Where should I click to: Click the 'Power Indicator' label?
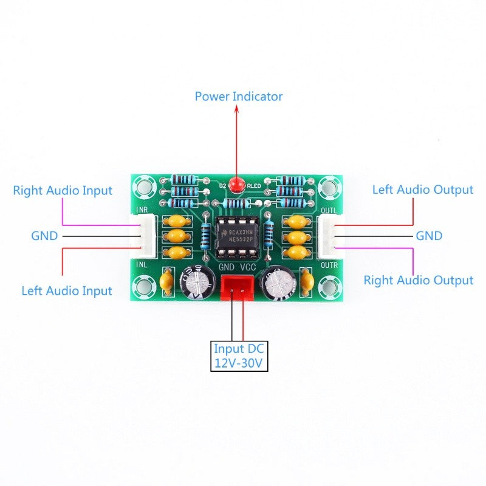(238, 96)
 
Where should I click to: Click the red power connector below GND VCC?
(238, 287)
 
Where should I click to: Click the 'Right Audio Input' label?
(63, 190)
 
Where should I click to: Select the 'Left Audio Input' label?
(67, 290)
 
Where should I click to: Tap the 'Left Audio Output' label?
(422, 190)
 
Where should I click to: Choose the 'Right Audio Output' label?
(418, 280)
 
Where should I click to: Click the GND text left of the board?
(44, 235)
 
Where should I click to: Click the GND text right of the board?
(429, 235)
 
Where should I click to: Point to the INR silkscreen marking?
(141, 210)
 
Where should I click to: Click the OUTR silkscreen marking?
(329, 265)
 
